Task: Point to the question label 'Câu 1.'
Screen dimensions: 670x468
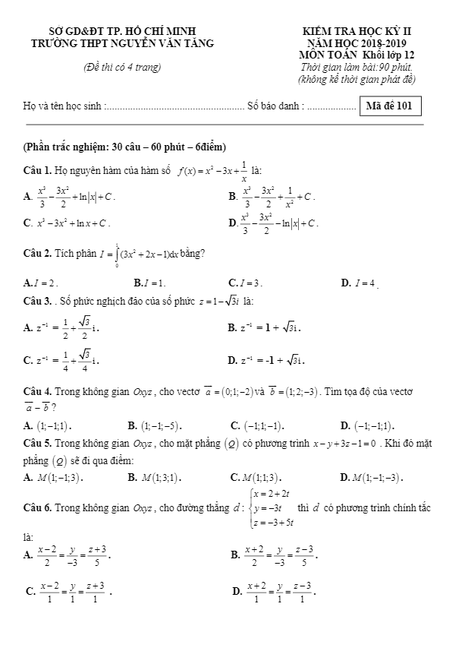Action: [x=37, y=169]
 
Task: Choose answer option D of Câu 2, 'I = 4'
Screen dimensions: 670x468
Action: [x=359, y=283]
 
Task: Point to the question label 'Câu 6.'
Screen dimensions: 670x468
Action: [x=37, y=507]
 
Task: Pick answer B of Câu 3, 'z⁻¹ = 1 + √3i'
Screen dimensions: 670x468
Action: [x=269, y=327]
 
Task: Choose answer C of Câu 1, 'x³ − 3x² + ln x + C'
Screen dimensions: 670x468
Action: [x=68, y=223]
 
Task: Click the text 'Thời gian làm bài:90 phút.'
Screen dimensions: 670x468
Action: [x=356, y=67]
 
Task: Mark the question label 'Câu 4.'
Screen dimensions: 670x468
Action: [x=37, y=392]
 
